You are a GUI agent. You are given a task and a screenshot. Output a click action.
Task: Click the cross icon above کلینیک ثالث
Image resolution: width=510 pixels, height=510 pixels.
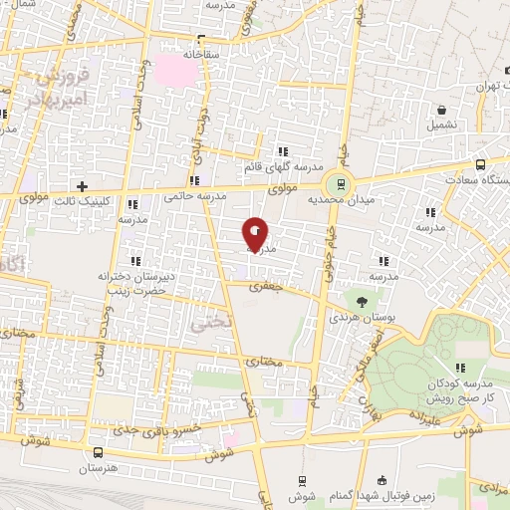82,186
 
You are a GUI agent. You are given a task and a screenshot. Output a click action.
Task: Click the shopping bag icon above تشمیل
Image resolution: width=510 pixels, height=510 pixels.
440,111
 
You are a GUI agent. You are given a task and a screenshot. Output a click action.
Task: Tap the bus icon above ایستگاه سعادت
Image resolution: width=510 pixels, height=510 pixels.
481,164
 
